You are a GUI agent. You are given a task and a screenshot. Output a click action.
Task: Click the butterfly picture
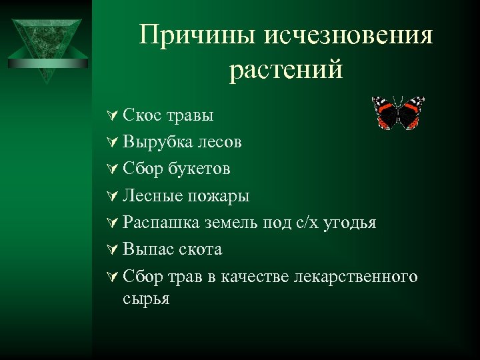coord(398,112)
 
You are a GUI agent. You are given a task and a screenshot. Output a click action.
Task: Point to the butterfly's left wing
coord(385,112)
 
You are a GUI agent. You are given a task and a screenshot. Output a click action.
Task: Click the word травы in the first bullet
coord(190,115)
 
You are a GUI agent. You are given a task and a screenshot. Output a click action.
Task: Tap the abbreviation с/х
coord(307,223)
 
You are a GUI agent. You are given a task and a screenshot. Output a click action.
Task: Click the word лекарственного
coord(355,276)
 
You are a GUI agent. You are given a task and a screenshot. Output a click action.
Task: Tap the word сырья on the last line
coord(146,298)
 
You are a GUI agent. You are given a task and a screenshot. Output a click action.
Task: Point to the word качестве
coord(257,276)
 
